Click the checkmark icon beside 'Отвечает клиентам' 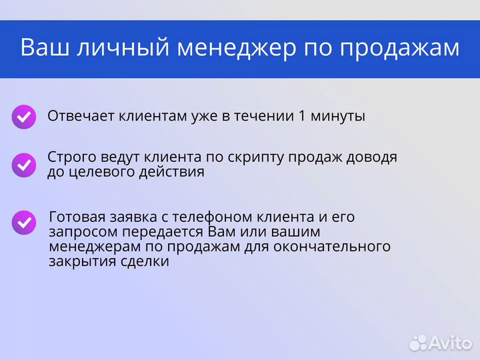pyautogui.click(x=24, y=117)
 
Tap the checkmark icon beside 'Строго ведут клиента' pyautogui.click(x=24, y=164)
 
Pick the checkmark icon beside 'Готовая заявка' pyautogui.click(x=24, y=223)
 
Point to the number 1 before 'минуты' pyautogui.click(x=303, y=116)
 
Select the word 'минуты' pyautogui.click(x=339, y=116)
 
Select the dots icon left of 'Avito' pyautogui.click(x=418, y=343)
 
